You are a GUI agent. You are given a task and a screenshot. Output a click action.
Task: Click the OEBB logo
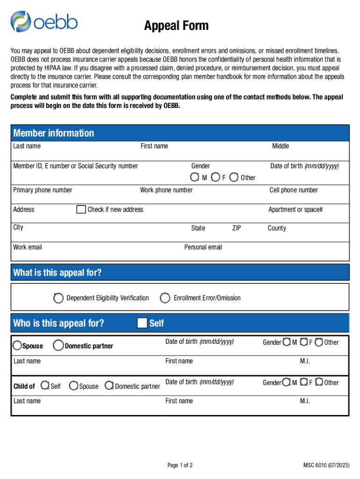click(x=44, y=22)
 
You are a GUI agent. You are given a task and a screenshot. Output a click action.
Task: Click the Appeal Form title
click(x=176, y=26)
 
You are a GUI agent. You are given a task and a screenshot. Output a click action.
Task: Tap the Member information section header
click(x=54, y=133)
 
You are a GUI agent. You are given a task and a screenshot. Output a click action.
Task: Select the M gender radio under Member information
click(x=194, y=177)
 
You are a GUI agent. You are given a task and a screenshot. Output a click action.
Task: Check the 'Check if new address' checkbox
click(x=81, y=209)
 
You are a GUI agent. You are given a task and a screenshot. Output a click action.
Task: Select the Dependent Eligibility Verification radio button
click(x=58, y=298)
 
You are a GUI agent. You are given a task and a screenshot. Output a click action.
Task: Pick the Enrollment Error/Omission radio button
click(x=165, y=298)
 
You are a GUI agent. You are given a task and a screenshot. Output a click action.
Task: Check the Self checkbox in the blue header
click(x=142, y=323)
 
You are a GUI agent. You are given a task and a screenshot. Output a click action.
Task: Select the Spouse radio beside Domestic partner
click(x=17, y=346)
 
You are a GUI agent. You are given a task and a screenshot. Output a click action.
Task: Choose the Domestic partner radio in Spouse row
click(x=58, y=346)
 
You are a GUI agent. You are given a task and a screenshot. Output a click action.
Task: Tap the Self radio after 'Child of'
click(x=45, y=386)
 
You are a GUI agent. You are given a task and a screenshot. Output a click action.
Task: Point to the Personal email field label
click(x=203, y=247)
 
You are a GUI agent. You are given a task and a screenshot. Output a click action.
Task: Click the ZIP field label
click(x=237, y=228)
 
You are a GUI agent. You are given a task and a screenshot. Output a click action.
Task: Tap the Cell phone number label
click(x=294, y=190)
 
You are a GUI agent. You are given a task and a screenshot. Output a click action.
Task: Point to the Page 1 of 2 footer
click(x=180, y=465)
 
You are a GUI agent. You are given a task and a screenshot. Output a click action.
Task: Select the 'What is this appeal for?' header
click(x=58, y=273)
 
